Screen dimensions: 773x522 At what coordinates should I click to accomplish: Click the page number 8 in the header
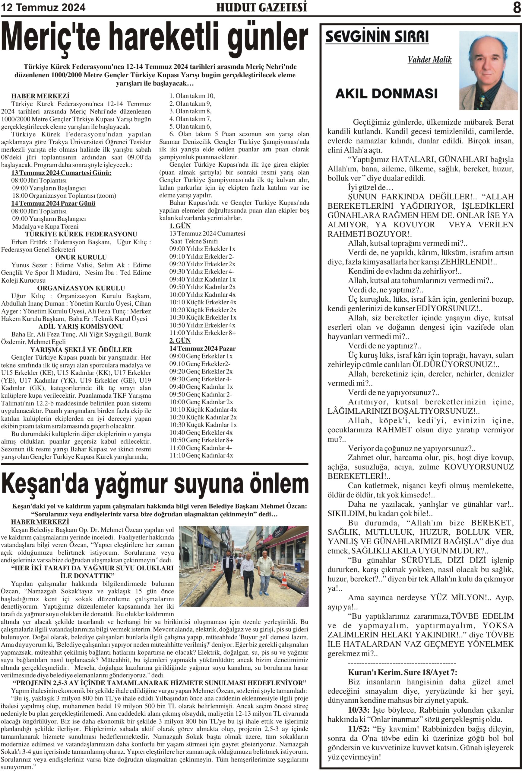click(x=516, y=7)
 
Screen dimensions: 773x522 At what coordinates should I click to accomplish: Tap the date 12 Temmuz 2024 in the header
click(x=43, y=7)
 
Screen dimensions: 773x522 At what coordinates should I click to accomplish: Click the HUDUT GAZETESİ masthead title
click(x=261, y=7)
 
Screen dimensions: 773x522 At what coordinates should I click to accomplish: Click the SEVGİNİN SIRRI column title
click(x=377, y=37)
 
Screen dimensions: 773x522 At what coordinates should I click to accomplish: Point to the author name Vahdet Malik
click(x=429, y=59)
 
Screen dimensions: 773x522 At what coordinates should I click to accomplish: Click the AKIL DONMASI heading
click(x=386, y=94)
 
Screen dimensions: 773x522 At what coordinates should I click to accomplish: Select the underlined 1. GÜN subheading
click(x=180, y=226)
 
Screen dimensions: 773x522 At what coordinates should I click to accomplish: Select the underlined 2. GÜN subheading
click(x=180, y=340)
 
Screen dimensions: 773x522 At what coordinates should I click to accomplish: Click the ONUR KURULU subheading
click(x=81, y=257)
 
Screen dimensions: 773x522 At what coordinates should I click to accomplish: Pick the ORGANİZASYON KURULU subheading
click(x=81, y=288)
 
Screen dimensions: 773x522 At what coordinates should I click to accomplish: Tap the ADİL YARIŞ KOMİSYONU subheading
click(x=81, y=326)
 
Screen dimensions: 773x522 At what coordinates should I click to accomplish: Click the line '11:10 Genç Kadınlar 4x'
click(x=201, y=455)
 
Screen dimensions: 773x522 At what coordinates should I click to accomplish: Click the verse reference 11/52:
click(x=359, y=728)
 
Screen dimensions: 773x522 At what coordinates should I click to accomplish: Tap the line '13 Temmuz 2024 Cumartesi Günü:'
click(x=61, y=173)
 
